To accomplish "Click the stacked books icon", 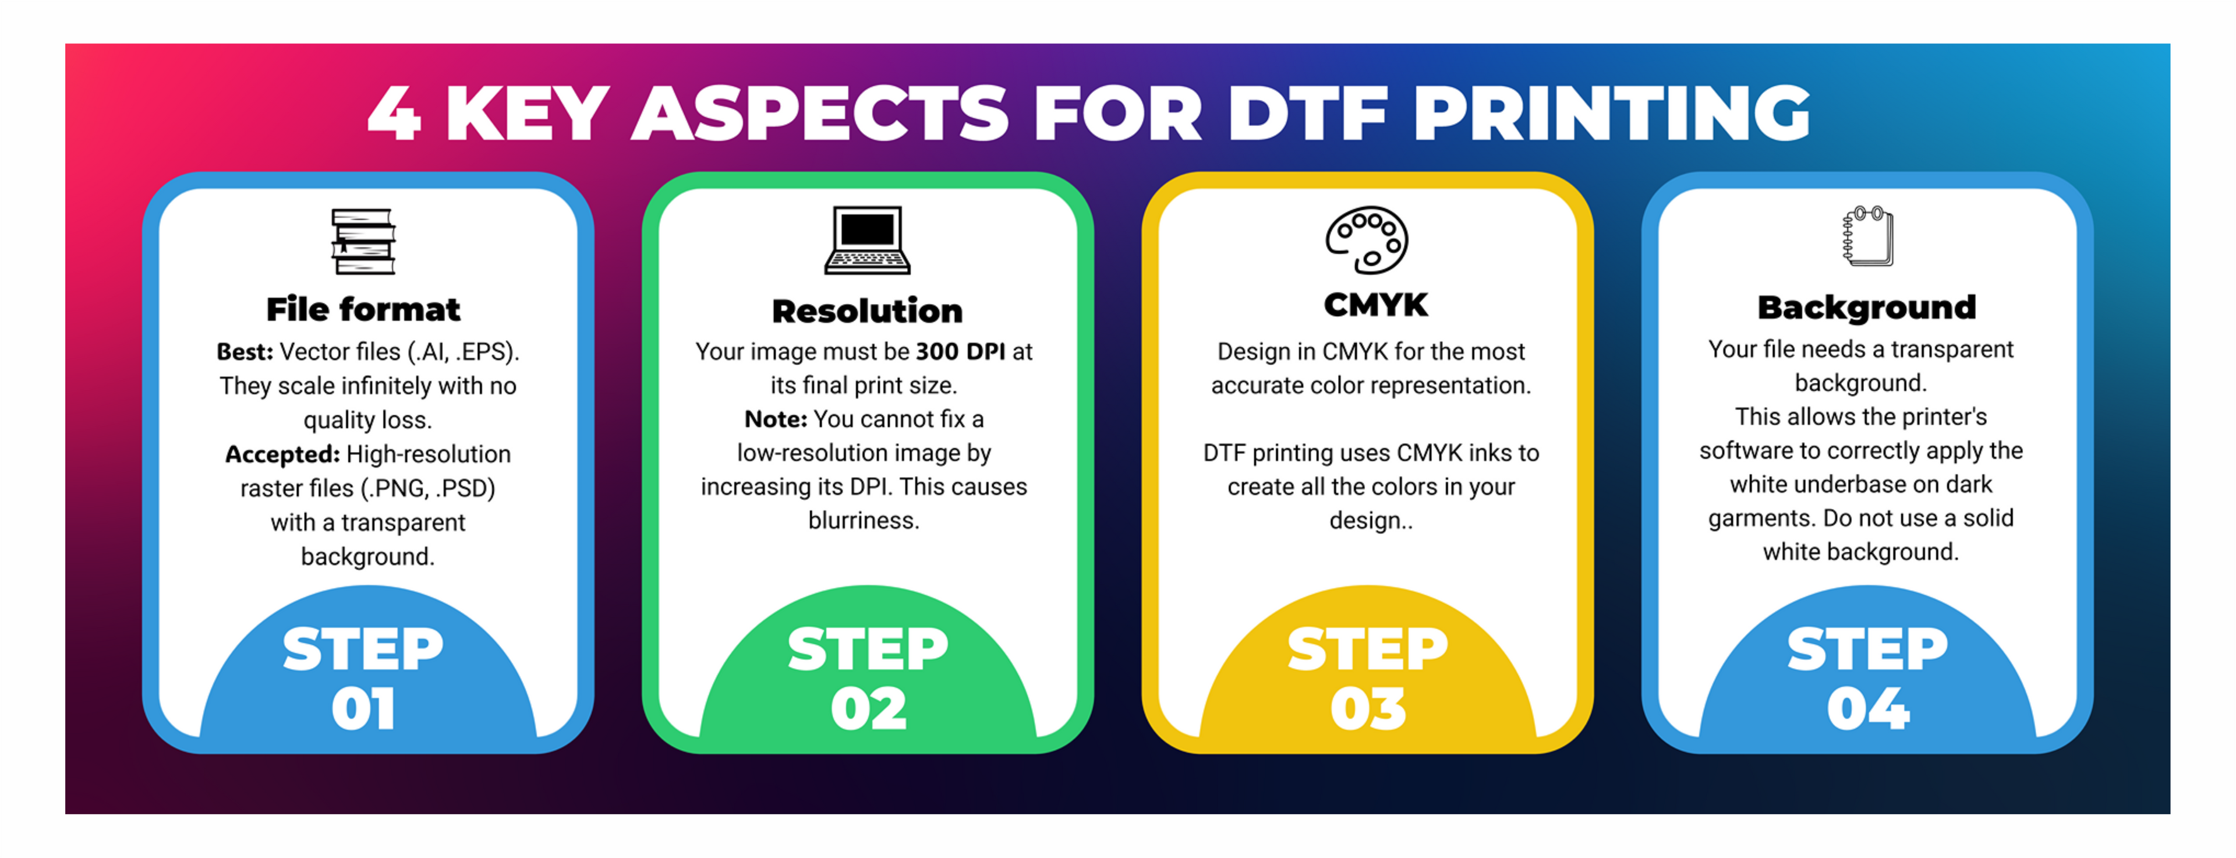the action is point(363,241).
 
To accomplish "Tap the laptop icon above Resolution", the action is point(867,241).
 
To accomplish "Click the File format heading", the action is point(363,309).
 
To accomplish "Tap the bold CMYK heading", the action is point(1375,305).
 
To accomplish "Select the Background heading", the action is point(1867,308).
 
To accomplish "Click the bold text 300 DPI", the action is point(960,352).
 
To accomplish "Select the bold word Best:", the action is point(245,352).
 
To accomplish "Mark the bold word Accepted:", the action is point(282,454).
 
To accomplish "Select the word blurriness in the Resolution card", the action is point(864,520).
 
